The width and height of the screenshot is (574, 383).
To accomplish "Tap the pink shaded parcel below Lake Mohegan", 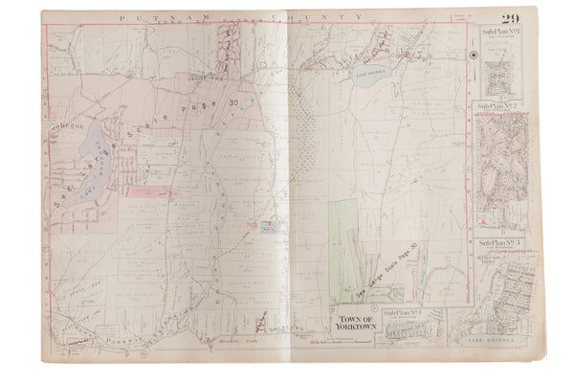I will (153, 191).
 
